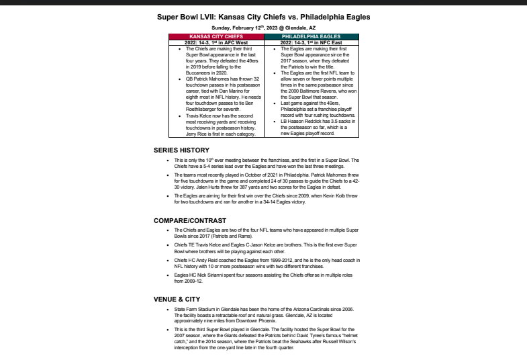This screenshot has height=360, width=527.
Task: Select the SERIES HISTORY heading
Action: (x=182, y=150)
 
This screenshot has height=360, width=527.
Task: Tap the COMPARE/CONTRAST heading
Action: (x=190, y=220)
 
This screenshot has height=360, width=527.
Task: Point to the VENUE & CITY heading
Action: (x=178, y=299)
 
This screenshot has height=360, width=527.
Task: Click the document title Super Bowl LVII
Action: (x=263, y=15)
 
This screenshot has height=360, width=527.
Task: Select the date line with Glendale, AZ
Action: (x=263, y=27)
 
